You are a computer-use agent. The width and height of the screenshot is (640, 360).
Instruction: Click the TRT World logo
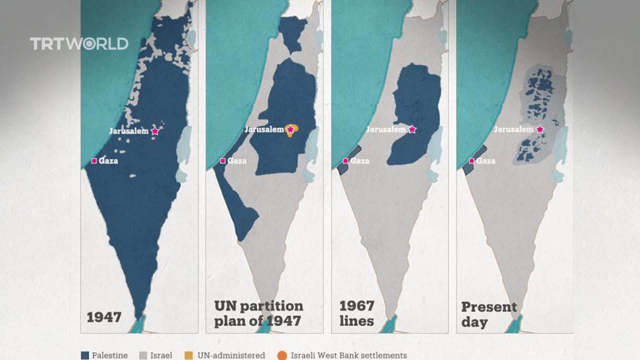pyautogui.click(x=79, y=44)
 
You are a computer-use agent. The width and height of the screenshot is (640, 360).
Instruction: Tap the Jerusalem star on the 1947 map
pyautogui.click(x=155, y=131)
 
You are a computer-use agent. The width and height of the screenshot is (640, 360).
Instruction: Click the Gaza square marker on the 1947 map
pyautogui.click(x=94, y=161)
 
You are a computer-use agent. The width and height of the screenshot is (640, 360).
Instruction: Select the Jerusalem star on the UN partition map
pyautogui.click(x=290, y=129)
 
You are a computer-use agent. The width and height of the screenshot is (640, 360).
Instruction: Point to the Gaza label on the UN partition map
pyautogui.click(x=237, y=161)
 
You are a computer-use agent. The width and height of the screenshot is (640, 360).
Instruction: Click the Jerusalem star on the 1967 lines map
pyautogui.click(x=412, y=129)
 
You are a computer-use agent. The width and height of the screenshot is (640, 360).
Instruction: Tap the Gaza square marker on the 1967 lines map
pyautogui.click(x=346, y=161)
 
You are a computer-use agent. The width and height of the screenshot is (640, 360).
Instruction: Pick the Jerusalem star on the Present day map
pyautogui.click(x=540, y=129)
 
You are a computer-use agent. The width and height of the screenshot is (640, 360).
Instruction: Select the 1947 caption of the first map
pyautogui.click(x=104, y=317)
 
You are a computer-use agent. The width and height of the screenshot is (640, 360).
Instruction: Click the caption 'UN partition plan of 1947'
pyautogui.click(x=258, y=313)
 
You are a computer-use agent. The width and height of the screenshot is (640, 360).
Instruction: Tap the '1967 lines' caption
pyautogui.click(x=357, y=313)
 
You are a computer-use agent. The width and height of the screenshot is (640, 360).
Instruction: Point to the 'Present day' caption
pyautogui.click(x=489, y=314)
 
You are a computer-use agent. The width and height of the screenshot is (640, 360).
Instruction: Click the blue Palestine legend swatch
pyautogui.click(x=85, y=355)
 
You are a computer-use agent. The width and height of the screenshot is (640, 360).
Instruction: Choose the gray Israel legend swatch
pyautogui.click(x=143, y=355)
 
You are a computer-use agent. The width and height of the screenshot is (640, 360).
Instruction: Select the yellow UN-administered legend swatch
pyautogui.click(x=189, y=355)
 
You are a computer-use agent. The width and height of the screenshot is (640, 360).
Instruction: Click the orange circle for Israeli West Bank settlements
pyautogui.click(x=282, y=355)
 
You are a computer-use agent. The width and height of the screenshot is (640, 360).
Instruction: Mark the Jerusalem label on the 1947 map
pyautogui.click(x=129, y=131)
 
